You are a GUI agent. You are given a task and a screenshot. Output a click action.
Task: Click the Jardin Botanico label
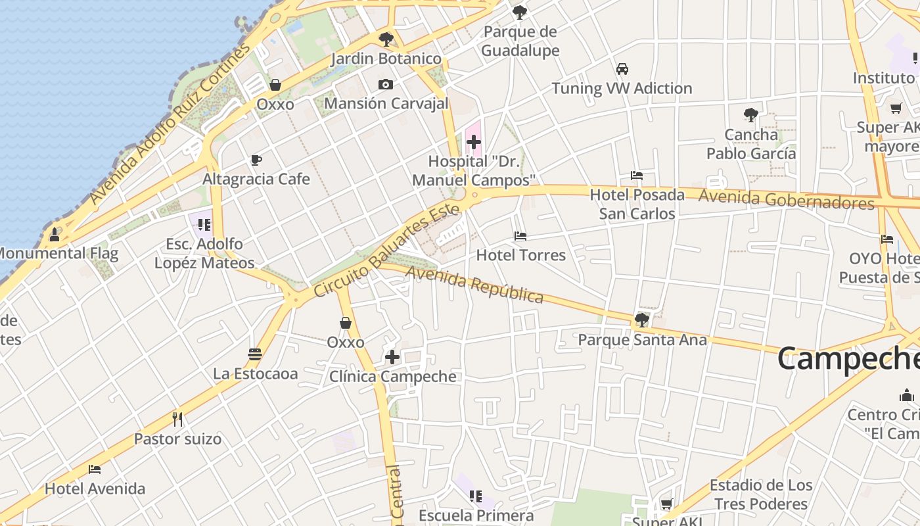[386, 59]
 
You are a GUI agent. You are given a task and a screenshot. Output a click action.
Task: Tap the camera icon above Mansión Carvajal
[386, 84]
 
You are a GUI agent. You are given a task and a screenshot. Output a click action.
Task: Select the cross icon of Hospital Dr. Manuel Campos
[473, 141]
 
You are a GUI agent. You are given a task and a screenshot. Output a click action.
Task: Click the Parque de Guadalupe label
[520, 41]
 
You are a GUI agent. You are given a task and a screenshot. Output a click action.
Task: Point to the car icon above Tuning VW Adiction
[622, 69]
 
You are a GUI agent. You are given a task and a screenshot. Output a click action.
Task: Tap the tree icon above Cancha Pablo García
[750, 115]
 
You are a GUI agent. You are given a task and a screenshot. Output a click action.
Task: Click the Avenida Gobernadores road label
[786, 199]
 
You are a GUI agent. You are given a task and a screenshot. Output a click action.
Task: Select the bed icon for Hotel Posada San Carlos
[636, 176]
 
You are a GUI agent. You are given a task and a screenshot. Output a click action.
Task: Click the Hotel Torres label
[520, 255]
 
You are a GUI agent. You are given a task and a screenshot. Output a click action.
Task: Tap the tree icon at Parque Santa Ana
[641, 320]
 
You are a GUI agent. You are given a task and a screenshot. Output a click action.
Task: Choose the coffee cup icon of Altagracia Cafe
[256, 160]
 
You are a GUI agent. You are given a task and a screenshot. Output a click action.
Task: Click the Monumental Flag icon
[55, 234]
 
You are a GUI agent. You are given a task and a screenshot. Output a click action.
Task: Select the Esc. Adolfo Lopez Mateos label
[204, 253]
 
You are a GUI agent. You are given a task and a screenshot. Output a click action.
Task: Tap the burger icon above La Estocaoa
[255, 354]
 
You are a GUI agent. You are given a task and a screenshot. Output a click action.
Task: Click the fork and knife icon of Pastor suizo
[177, 419]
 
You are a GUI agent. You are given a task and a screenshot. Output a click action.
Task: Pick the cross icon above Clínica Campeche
[392, 357]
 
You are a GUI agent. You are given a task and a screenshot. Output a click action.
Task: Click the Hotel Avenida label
[95, 489]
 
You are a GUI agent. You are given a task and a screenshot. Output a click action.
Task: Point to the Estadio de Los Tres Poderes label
[761, 494]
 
